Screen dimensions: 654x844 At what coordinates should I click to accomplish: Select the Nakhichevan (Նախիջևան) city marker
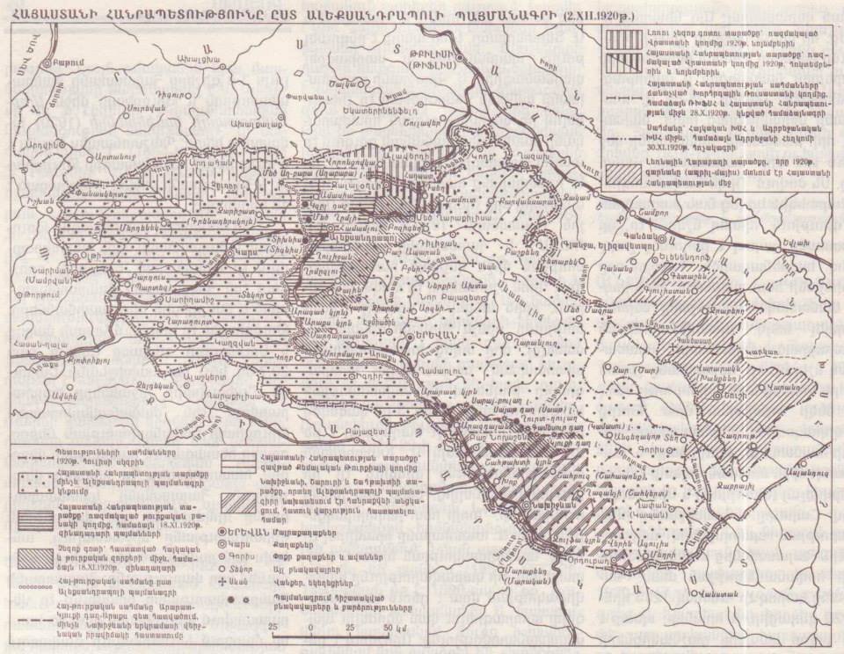(x=527, y=506)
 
